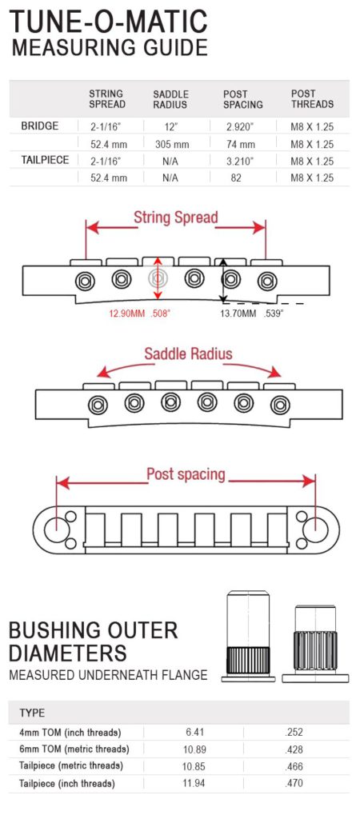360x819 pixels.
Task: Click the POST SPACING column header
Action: [x=242, y=99]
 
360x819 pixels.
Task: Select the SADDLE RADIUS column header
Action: [x=171, y=99]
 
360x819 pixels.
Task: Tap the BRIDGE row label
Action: [x=40, y=126]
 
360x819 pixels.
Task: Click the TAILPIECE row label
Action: [x=45, y=160]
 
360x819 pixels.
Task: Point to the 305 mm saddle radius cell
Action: [x=172, y=144]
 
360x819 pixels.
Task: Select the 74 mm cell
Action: [x=242, y=144]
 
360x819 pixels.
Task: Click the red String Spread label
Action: [x=175, y=218]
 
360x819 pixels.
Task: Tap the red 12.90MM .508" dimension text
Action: [x=140, y=314]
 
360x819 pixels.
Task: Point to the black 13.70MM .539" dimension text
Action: [x=251, y=314]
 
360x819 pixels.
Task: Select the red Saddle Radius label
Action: [x=188, y=354]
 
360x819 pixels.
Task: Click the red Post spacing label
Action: [x=186, y=474]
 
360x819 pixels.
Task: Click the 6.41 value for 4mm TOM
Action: [x=194, y=733]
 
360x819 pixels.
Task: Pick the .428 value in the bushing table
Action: [x=294, y=749]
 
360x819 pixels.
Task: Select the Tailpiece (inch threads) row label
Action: [x=67, y=784]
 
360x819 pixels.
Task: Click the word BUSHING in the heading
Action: [x=61, y=630]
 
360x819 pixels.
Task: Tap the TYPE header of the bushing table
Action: [x=32, y=713]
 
